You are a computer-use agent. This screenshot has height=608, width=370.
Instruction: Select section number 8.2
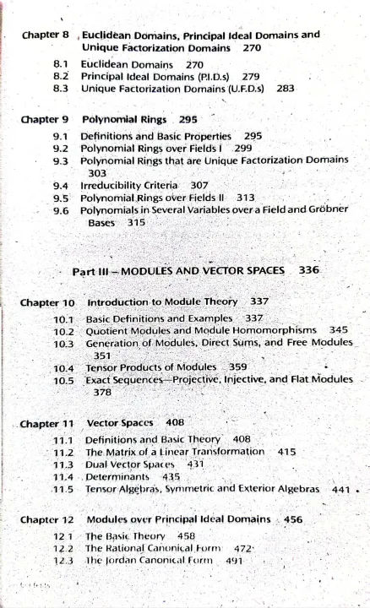point(59,75)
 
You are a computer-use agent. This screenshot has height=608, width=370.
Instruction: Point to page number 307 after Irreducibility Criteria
point(199,184)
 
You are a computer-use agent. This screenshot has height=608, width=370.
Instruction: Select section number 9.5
point(60,197)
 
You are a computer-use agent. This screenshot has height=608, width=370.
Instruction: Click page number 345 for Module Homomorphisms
point(338,330)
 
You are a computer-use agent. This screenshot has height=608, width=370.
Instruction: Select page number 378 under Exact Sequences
point(102,392)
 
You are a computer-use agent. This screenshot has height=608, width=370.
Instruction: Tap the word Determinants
point(122,476)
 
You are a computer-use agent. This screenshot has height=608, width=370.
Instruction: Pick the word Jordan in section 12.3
point(122,560)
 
